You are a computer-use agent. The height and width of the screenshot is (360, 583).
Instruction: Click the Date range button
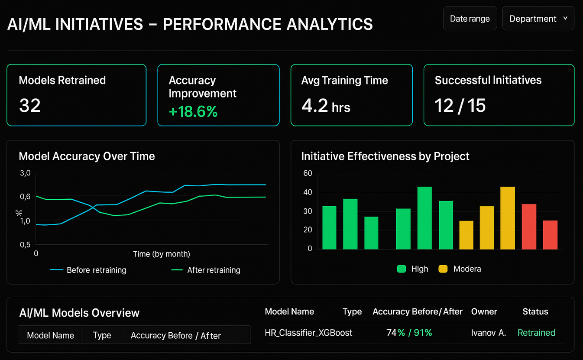[x=470, y=19]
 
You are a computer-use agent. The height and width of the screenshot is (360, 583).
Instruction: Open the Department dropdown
[x=538, y=19]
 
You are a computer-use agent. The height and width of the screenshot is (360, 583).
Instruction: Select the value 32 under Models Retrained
[x=30, y=105]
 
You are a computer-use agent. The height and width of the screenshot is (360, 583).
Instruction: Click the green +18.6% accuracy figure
[x=193, y=111]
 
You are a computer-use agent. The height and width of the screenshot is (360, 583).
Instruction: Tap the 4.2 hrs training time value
[x=326, y=106]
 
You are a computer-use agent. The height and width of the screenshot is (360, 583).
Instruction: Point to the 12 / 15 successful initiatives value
[x=460, y=106]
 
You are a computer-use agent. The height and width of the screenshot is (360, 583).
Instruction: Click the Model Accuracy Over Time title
[x=87, y=156]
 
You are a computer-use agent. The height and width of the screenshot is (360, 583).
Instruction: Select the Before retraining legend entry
[x=96, y=270]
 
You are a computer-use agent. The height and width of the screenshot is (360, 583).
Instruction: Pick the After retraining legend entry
[x=213, y=270]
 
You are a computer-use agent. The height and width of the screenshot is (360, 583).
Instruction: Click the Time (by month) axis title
[x=161, y=254]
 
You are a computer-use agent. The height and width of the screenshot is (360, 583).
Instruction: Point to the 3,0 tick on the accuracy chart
[x=25, y=173]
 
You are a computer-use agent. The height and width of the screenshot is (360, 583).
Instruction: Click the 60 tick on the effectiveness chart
[x=308, y=173]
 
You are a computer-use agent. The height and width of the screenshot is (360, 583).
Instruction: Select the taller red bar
[x=529, y=227]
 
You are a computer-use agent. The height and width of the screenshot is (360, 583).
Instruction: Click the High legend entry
[x=419, y=269]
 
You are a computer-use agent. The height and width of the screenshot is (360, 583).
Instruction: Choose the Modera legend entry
[x=466, y=269]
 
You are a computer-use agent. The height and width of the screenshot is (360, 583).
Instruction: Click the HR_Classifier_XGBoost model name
[x=308, y=333]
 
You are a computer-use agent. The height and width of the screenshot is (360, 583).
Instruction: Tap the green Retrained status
[x=536, y=333]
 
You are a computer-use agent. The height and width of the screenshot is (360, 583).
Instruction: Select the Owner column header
[x=484, y=311]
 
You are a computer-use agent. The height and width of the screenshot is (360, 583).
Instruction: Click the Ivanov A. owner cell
[x=488, y=333]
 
